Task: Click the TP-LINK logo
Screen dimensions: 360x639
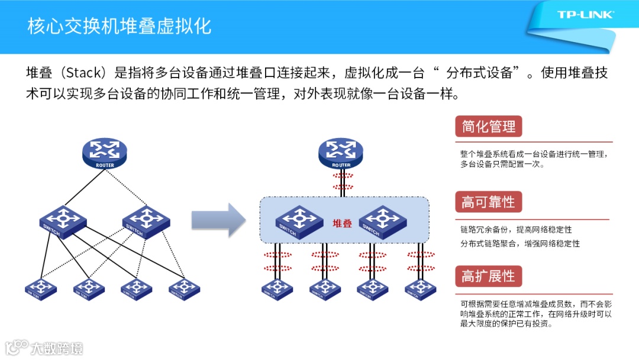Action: [585, 15]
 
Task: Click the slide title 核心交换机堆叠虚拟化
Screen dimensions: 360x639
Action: [119, 27]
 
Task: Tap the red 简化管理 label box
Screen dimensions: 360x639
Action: [488, 127]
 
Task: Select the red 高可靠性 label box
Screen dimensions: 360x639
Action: [488, 202]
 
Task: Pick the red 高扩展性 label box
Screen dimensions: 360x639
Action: [488, 277]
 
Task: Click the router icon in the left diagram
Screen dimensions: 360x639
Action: [105, 153]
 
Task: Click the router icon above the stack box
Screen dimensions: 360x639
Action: [341, 153]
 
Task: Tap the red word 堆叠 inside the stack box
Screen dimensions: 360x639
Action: [342, 223]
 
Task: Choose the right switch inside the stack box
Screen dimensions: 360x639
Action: [382, 220]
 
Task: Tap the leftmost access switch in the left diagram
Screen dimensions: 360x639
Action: [41, 288]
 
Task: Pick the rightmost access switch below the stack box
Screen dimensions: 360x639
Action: [420, 288]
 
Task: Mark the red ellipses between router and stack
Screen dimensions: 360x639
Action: [341, 181]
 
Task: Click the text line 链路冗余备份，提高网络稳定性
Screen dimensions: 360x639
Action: [516, 230]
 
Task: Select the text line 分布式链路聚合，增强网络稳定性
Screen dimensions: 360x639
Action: [520, 243]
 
